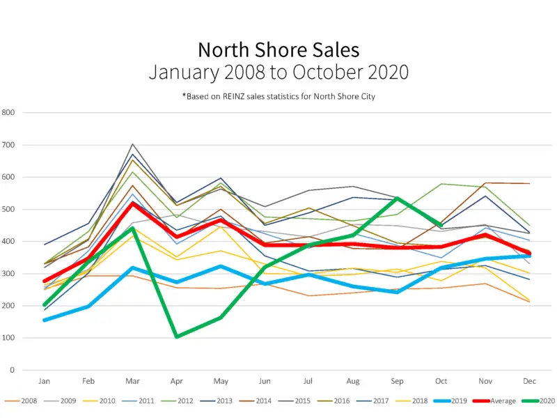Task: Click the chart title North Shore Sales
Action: click(278, 50)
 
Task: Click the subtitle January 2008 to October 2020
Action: click(278, 72)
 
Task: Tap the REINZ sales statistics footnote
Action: click(278, 97)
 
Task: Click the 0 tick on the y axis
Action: click(12, 371)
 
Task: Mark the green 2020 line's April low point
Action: click(177, 336)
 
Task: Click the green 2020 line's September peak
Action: click(397, 199)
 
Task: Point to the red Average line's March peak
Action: click(132, 203)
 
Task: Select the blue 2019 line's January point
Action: click(45, 320)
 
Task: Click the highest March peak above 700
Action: click(132, 144)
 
